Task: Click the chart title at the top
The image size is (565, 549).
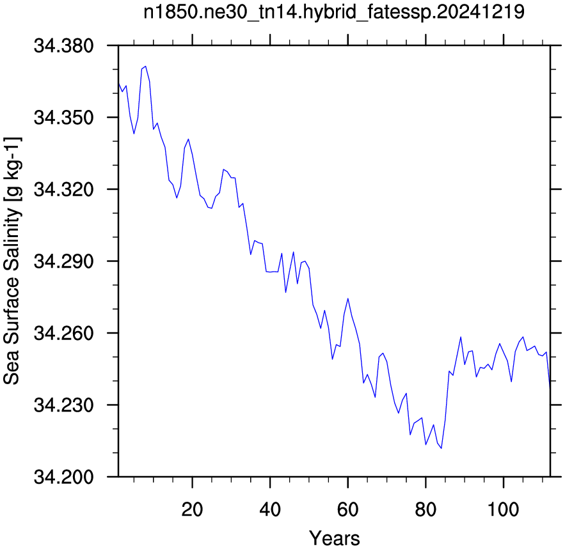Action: [334, 12]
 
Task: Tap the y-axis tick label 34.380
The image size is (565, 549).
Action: [63, 46]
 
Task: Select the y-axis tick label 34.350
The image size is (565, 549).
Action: [63, 118]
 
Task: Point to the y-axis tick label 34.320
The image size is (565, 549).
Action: [63, 189]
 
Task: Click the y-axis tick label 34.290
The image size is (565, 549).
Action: [63, 261]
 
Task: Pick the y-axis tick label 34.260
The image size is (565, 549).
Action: [63, 334]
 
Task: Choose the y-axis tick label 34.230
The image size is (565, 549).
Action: [63, 405]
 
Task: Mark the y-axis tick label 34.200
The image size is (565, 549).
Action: [63, 477]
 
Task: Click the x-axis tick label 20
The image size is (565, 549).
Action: [192, 510]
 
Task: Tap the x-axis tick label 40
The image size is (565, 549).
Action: [270, 510]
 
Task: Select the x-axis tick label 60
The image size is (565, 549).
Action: [347, 510]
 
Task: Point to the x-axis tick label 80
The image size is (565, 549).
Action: [426, 510]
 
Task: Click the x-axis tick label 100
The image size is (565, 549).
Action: [503, 510]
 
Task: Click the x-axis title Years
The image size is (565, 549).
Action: [335, 539]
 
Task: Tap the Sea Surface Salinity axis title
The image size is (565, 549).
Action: [12, 261]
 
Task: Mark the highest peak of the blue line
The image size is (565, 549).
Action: [146, 66]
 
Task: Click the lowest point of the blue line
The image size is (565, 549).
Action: [441, 448]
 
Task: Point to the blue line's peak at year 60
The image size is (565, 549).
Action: [347, 298]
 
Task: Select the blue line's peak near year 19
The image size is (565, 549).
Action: [188, 139]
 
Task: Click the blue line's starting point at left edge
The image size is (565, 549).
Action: [118, 83]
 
